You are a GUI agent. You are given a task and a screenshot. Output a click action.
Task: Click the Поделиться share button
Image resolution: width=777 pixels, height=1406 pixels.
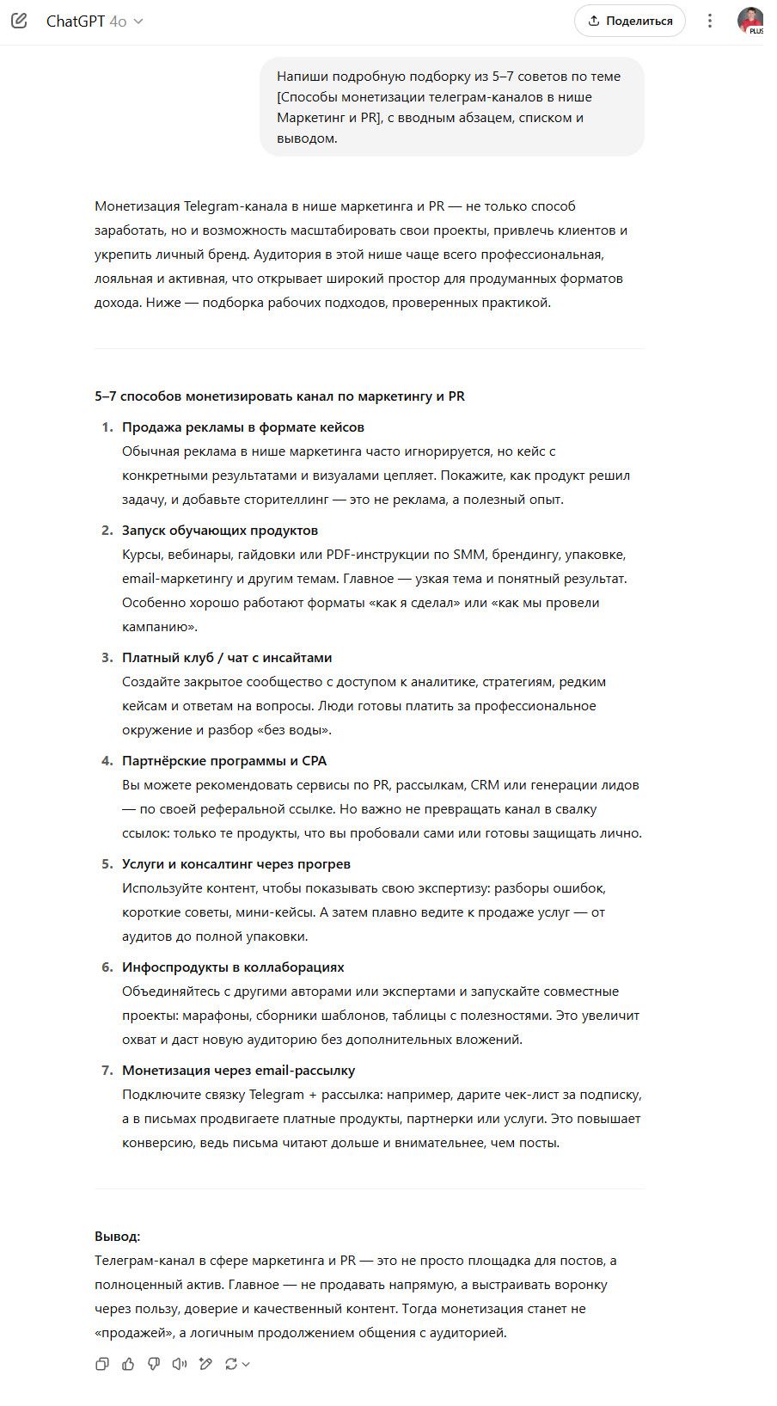click(629, 21)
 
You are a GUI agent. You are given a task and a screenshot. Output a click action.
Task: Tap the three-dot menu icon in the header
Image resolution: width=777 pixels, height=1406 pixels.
click(710, 21)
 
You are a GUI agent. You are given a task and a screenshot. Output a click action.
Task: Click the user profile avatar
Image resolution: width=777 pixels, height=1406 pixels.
click(749, 21)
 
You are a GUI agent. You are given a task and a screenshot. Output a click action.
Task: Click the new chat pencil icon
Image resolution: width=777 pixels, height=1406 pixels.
click(19, 21)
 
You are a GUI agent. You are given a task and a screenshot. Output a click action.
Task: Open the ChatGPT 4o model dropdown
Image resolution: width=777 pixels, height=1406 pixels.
click(95, 21)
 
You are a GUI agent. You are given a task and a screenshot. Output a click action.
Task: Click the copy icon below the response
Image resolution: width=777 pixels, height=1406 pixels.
click(102, 1364)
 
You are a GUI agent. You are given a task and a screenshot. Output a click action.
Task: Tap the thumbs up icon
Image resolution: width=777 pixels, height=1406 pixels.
click(128, 1364)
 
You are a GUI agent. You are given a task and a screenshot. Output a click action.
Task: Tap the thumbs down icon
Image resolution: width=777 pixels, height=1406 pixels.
click(154, 1364)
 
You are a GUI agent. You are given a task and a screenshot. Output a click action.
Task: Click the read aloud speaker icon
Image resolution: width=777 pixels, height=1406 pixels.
click(180, 1364)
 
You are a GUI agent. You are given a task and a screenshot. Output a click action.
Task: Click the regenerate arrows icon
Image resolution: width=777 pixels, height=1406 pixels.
click(231, 1364)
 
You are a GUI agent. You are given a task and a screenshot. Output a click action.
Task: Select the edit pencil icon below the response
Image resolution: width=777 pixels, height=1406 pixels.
click(205, 1364)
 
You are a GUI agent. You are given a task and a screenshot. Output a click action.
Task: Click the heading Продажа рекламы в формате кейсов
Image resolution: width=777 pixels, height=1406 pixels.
click(243, 427)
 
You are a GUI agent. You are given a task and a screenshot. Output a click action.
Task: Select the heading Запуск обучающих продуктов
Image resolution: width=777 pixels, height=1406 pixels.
click(220, 531)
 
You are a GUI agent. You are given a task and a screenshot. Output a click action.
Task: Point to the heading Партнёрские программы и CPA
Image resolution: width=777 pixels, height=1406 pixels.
click(224, 761)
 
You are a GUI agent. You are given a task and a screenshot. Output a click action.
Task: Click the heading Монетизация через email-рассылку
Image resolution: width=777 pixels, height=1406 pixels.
click(238, 1071)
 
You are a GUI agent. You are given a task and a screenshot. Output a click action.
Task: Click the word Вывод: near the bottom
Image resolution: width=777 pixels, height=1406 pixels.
click(117, 1237)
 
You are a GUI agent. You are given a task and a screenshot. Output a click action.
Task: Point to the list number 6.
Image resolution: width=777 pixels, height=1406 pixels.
click(107, 967)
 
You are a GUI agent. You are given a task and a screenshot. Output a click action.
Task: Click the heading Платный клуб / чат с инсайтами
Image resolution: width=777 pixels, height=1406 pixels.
click(227, 658)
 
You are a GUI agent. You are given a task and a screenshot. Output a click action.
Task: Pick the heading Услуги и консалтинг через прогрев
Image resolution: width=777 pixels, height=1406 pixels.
click(236, 864)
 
